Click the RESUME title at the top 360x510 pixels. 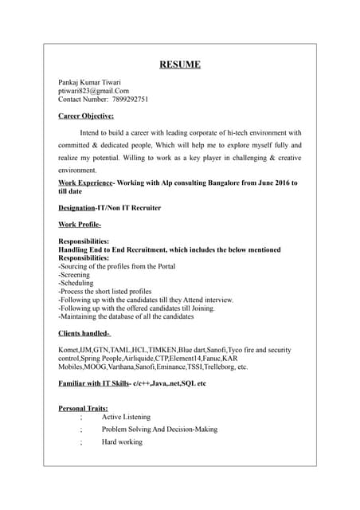[179, 65]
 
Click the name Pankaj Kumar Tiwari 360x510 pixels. [90, 82]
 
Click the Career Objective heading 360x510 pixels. [87, 116]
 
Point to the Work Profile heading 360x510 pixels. [80, 225]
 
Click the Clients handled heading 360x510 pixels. [84, 333]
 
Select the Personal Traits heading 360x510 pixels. [84, 409]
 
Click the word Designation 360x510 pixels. [77, 207]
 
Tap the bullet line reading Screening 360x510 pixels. [76, 275]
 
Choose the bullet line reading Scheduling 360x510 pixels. [76, 283]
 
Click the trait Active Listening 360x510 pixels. [126, 417]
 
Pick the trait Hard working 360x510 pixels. [122, 441]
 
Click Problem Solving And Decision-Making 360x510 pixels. [159, 430]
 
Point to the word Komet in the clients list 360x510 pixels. [68, 350]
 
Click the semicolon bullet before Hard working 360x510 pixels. [80, 442]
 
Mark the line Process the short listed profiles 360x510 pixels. [106, 292]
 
